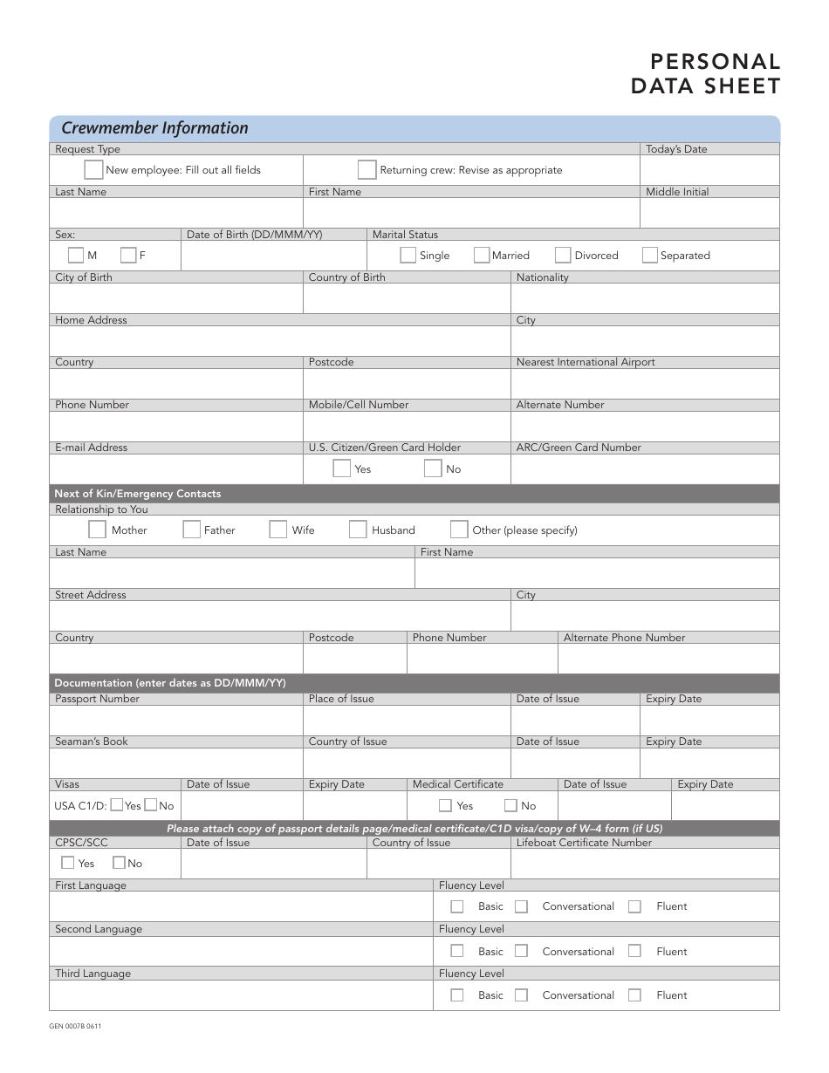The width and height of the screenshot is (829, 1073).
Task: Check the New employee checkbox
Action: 93,170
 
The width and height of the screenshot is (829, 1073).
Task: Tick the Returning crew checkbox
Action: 367,170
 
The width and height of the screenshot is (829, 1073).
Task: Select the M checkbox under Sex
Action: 76,256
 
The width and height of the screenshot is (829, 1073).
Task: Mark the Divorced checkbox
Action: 563,256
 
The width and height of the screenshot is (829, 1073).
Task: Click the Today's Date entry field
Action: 709,171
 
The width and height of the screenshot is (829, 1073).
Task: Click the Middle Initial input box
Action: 709,213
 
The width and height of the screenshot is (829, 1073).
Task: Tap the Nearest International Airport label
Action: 586,362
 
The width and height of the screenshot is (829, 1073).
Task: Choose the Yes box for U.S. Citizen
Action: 342,468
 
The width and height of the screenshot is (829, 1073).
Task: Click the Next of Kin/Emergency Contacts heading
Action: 138,494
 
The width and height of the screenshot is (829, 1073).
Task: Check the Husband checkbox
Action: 358,530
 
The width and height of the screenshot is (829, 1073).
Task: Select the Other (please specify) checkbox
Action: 459,530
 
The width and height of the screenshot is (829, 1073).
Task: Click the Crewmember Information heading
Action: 154,128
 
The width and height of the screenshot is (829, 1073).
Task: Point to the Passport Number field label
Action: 97,699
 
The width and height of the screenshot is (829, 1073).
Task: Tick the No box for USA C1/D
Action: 151,806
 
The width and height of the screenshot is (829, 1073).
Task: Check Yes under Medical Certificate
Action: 445,806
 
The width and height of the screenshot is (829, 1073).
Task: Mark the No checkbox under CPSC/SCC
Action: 119,863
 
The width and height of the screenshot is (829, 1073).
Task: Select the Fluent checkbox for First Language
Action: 634,906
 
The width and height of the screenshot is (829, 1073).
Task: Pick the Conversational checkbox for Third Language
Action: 521,995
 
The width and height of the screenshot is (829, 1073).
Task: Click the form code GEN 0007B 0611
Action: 75,1026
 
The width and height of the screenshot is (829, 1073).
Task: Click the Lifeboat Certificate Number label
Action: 584,843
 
